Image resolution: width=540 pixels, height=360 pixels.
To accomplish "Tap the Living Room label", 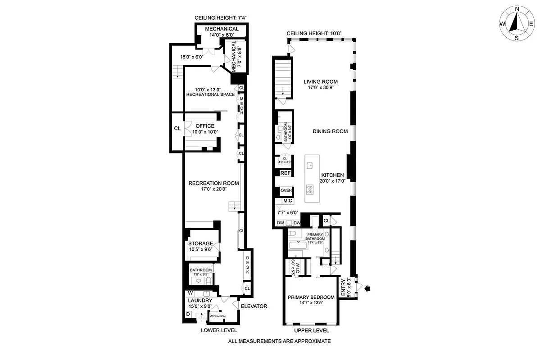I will [x=320, y=82].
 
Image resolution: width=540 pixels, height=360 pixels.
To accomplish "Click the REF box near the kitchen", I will [x=286, y=173].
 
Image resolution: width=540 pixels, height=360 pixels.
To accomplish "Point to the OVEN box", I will [x=286, y=191].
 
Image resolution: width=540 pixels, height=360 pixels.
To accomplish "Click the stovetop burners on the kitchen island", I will [x=311, y=188].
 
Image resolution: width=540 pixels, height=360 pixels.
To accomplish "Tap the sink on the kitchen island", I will [x=310, y=166].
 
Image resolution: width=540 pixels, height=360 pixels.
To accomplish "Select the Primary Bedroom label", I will [x=311, y=297].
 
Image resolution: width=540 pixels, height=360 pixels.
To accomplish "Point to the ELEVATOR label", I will [x=254, y=306].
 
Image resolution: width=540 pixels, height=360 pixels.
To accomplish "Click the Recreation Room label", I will [x=213, y=183].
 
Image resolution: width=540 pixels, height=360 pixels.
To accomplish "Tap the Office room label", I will [x=205, y=126].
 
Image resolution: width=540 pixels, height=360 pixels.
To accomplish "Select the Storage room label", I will [x=200, y=243].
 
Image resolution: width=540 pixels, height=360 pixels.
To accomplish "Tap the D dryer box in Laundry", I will [x=188, y=314].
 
